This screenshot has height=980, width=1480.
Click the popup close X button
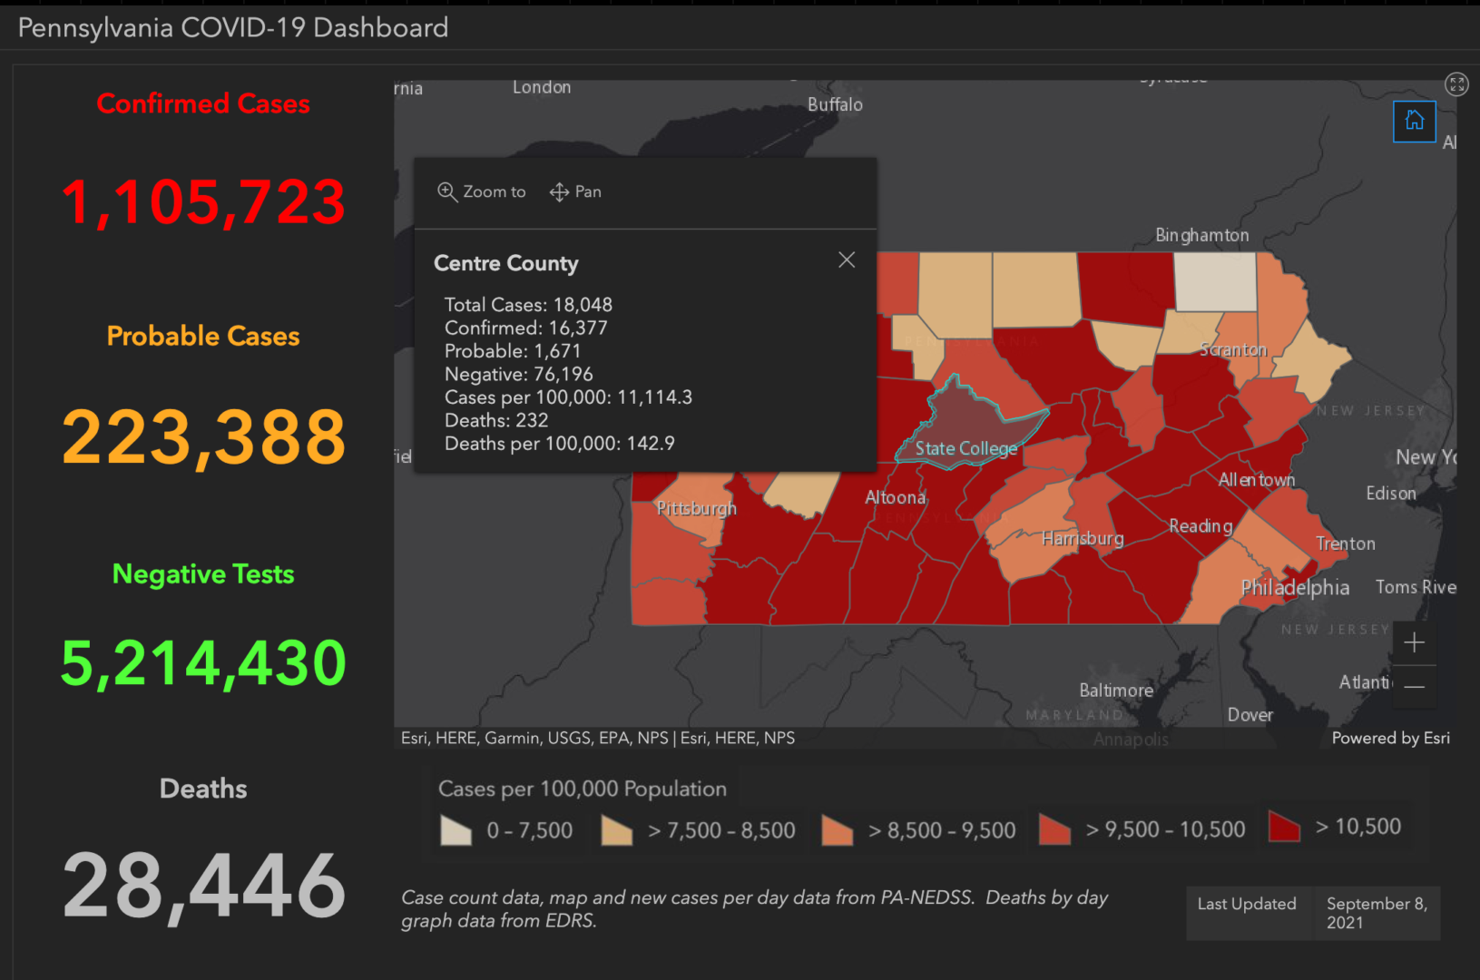coord(847,260)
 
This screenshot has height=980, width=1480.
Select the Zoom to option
coord(482,191)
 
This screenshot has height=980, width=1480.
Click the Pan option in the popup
coord(575,191)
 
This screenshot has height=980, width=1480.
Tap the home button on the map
coord(1414,121)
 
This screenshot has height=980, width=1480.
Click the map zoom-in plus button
coord(1414,643)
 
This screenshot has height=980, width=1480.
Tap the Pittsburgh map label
coord(696,508)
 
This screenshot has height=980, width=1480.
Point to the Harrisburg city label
coord(1082,538)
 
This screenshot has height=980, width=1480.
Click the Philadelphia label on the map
coord(1294,587)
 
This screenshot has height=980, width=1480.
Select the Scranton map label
coord(1232,349)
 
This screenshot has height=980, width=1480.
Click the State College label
coord(965,448)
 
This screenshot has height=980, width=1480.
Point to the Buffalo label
coord(835,104)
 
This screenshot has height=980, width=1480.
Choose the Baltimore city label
coord(1115,691)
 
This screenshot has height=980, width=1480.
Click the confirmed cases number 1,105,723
coord(203,201)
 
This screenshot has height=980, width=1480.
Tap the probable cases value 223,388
coord(203,437)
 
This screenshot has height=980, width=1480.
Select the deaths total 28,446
coord(203,886)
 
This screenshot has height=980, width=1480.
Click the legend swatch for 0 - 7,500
coord(456,829)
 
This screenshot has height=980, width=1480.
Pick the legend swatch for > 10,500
coord(1284,827)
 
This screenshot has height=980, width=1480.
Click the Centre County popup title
coord(505,263)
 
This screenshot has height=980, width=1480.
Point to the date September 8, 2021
coord(1376,913)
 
